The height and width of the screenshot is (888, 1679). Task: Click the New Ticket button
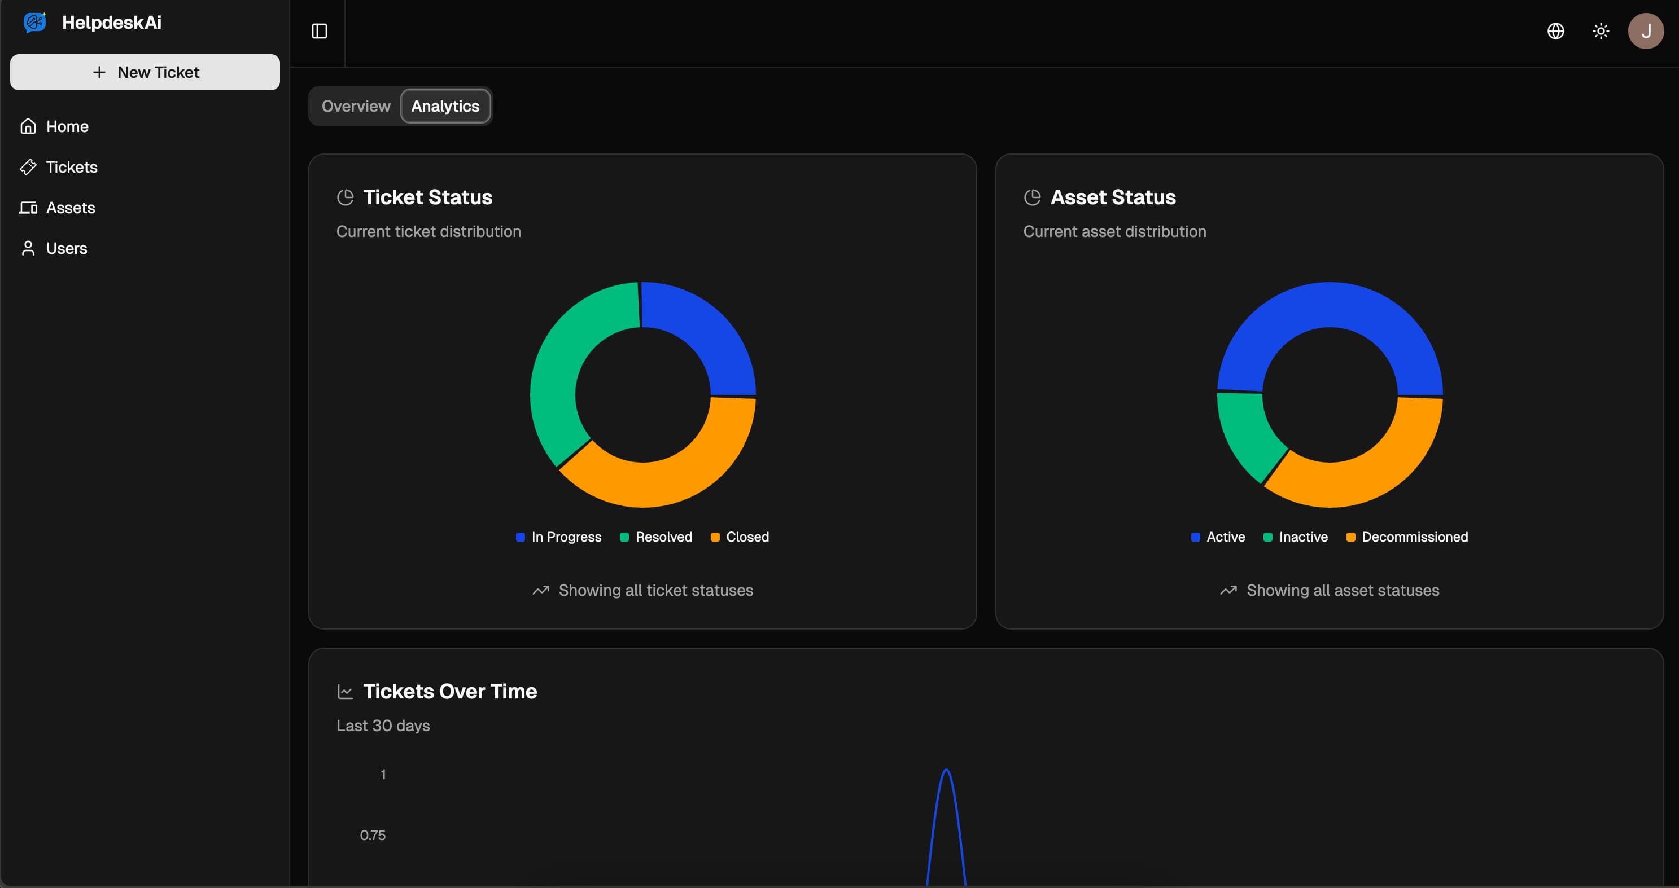[x=145, y=72]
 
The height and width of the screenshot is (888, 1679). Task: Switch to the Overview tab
[x=356, y=106]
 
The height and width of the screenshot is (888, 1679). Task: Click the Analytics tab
[x=445, y=106]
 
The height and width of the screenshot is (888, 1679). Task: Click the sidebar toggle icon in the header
[x=320, y=31]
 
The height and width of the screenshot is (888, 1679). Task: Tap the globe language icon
[x=1555, y=31]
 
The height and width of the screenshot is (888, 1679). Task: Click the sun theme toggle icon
[x=1601, y=31]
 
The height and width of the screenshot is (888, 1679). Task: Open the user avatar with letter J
[x=1645, y=31]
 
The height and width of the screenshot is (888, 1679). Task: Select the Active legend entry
[x=1218, y=537]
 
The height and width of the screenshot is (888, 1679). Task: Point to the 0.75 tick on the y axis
[x=373, y=835]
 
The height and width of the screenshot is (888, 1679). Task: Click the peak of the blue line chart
[x=946, y=771]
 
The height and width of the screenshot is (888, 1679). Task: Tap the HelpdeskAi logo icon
[x=34, y=22]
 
